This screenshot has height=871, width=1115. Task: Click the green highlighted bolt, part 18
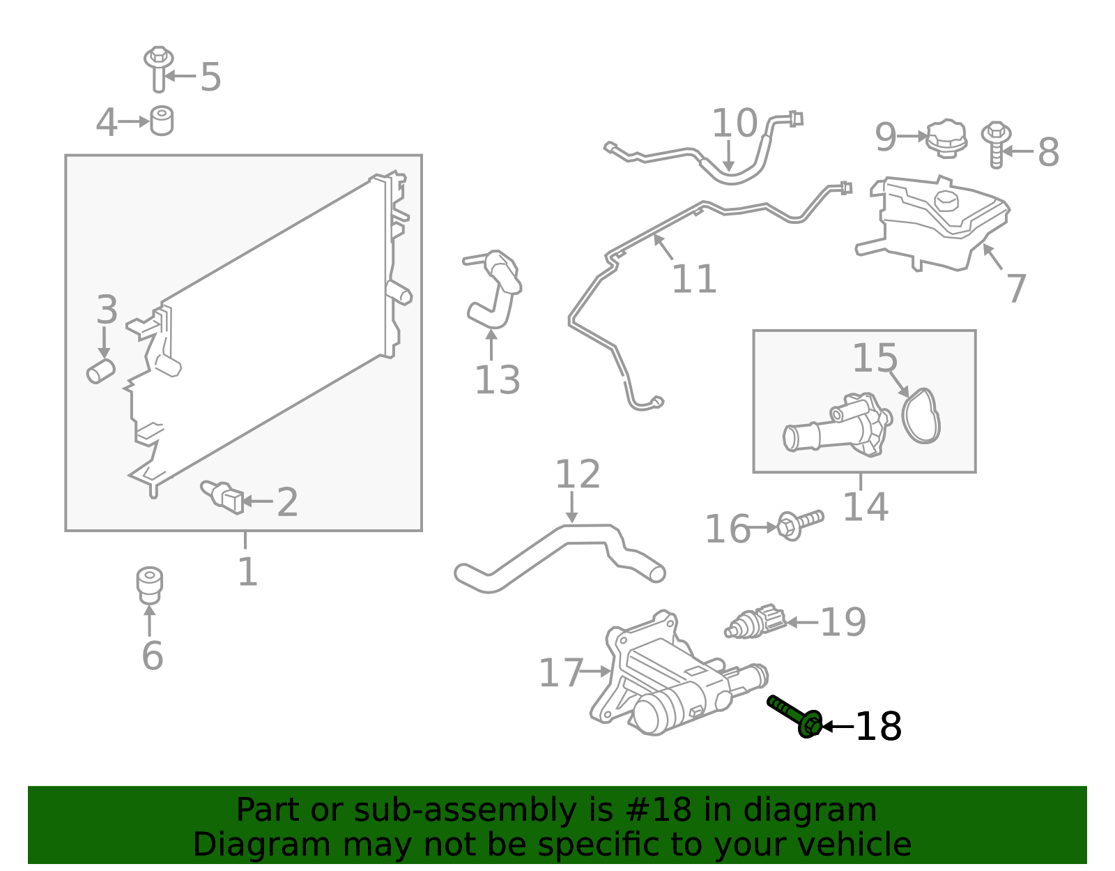point(794,715)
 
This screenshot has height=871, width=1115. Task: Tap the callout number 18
point(878,727)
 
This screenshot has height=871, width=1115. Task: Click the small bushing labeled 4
point(162,121)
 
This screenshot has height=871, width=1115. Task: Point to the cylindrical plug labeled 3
point(101,371)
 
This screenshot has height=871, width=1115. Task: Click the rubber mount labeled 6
point(149,584)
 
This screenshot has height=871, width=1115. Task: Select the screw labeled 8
point(997,144)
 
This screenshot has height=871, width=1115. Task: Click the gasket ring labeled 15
point(921,416)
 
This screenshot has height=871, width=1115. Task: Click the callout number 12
point(577,475)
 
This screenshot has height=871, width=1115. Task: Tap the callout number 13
point(497,381)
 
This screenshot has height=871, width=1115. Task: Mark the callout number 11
point(693,280)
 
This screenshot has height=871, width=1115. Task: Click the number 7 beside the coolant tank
point(1017,289)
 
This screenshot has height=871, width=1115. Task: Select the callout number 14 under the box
point(865,507)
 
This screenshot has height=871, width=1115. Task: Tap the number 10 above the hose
point(734,124)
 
